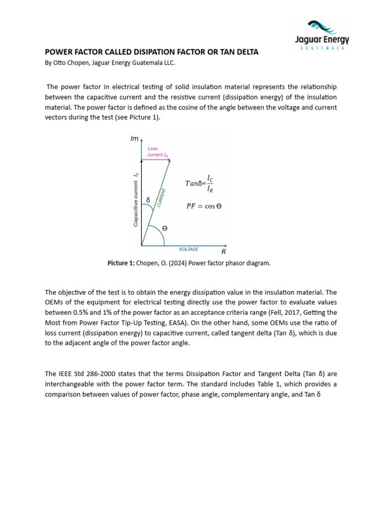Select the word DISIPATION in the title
[x=155, y=52]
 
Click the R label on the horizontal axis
[x=224, y=253]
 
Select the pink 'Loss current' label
[x=157, y=151]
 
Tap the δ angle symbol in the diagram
[x=148, y=201]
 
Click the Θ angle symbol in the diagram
[x=165, y=228]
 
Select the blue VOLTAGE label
[x=189, y=249]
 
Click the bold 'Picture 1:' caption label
[x=121, y=263]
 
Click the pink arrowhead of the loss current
[x=169, y=159]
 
